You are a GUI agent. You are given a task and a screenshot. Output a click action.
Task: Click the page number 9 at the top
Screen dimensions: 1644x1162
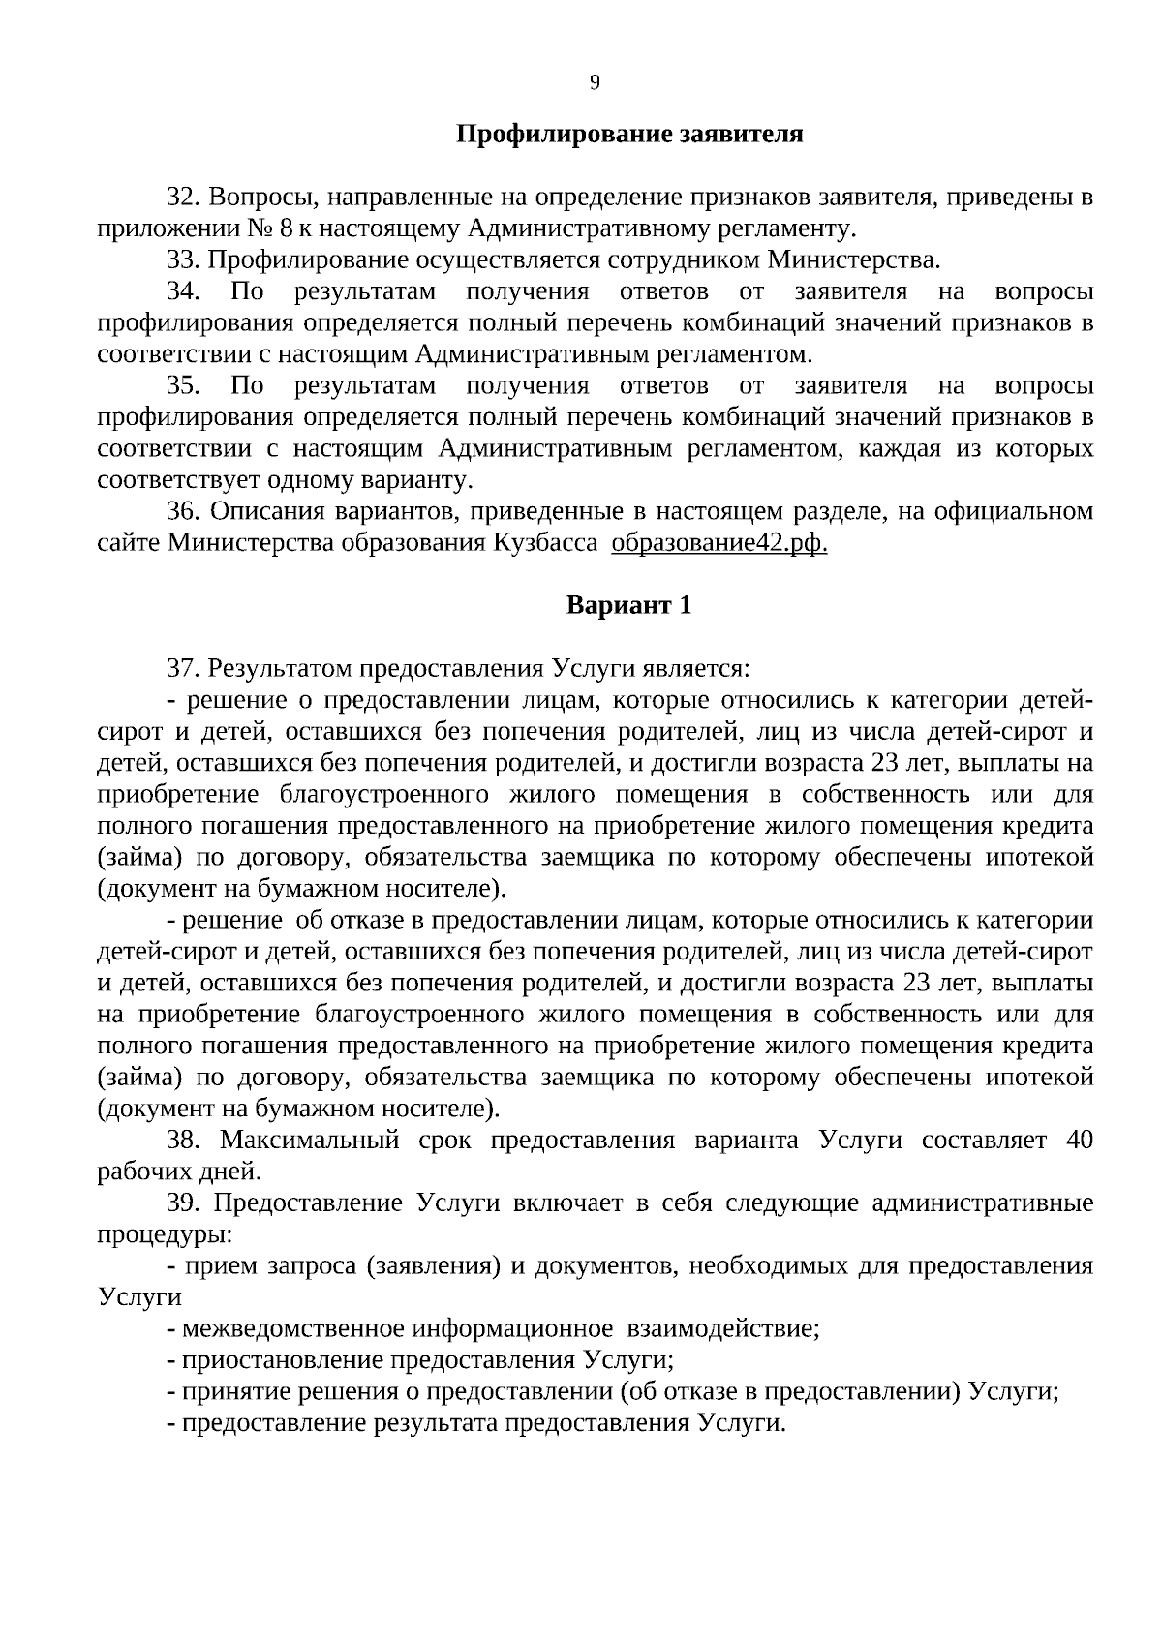(x=595, y=83)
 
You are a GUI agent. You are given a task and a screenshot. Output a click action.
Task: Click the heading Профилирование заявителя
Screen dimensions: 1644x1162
(x=629, y=134)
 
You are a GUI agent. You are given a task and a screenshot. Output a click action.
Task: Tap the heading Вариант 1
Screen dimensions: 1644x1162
(x=629, y=605)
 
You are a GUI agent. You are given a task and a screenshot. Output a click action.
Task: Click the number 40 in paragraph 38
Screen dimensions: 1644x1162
(x=1079, y=1140)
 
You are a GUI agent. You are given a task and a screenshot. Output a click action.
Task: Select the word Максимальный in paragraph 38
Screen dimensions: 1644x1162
(x=309, y=1140)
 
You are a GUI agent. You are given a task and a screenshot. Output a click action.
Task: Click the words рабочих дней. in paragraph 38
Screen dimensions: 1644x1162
(x=180, y=1172)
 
